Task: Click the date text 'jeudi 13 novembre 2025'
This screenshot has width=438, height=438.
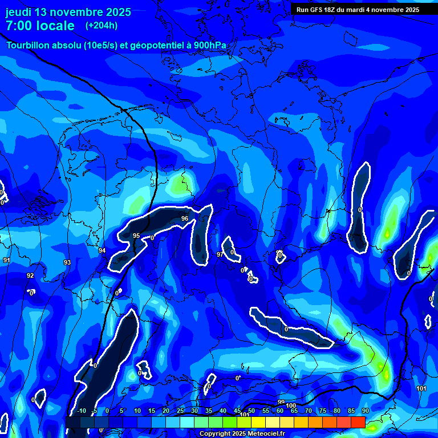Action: (x=68, y=12)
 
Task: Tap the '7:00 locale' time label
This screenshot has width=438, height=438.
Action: (x=40, y=26)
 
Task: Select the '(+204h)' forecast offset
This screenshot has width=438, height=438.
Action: (x=102, y=26)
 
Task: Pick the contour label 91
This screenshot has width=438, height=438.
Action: (x=7, y=260)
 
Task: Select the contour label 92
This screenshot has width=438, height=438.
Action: (x=30, y=275)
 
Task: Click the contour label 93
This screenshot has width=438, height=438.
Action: (x=67, y=262)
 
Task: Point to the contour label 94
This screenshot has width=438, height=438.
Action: (x=102, y=250)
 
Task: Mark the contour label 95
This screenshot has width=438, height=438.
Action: (x=136, y=236)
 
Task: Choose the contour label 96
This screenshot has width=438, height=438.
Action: (x=184, y=218)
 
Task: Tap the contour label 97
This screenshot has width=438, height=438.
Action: (x=220, y=254)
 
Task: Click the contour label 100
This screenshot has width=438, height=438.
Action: (x=291, y=405)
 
